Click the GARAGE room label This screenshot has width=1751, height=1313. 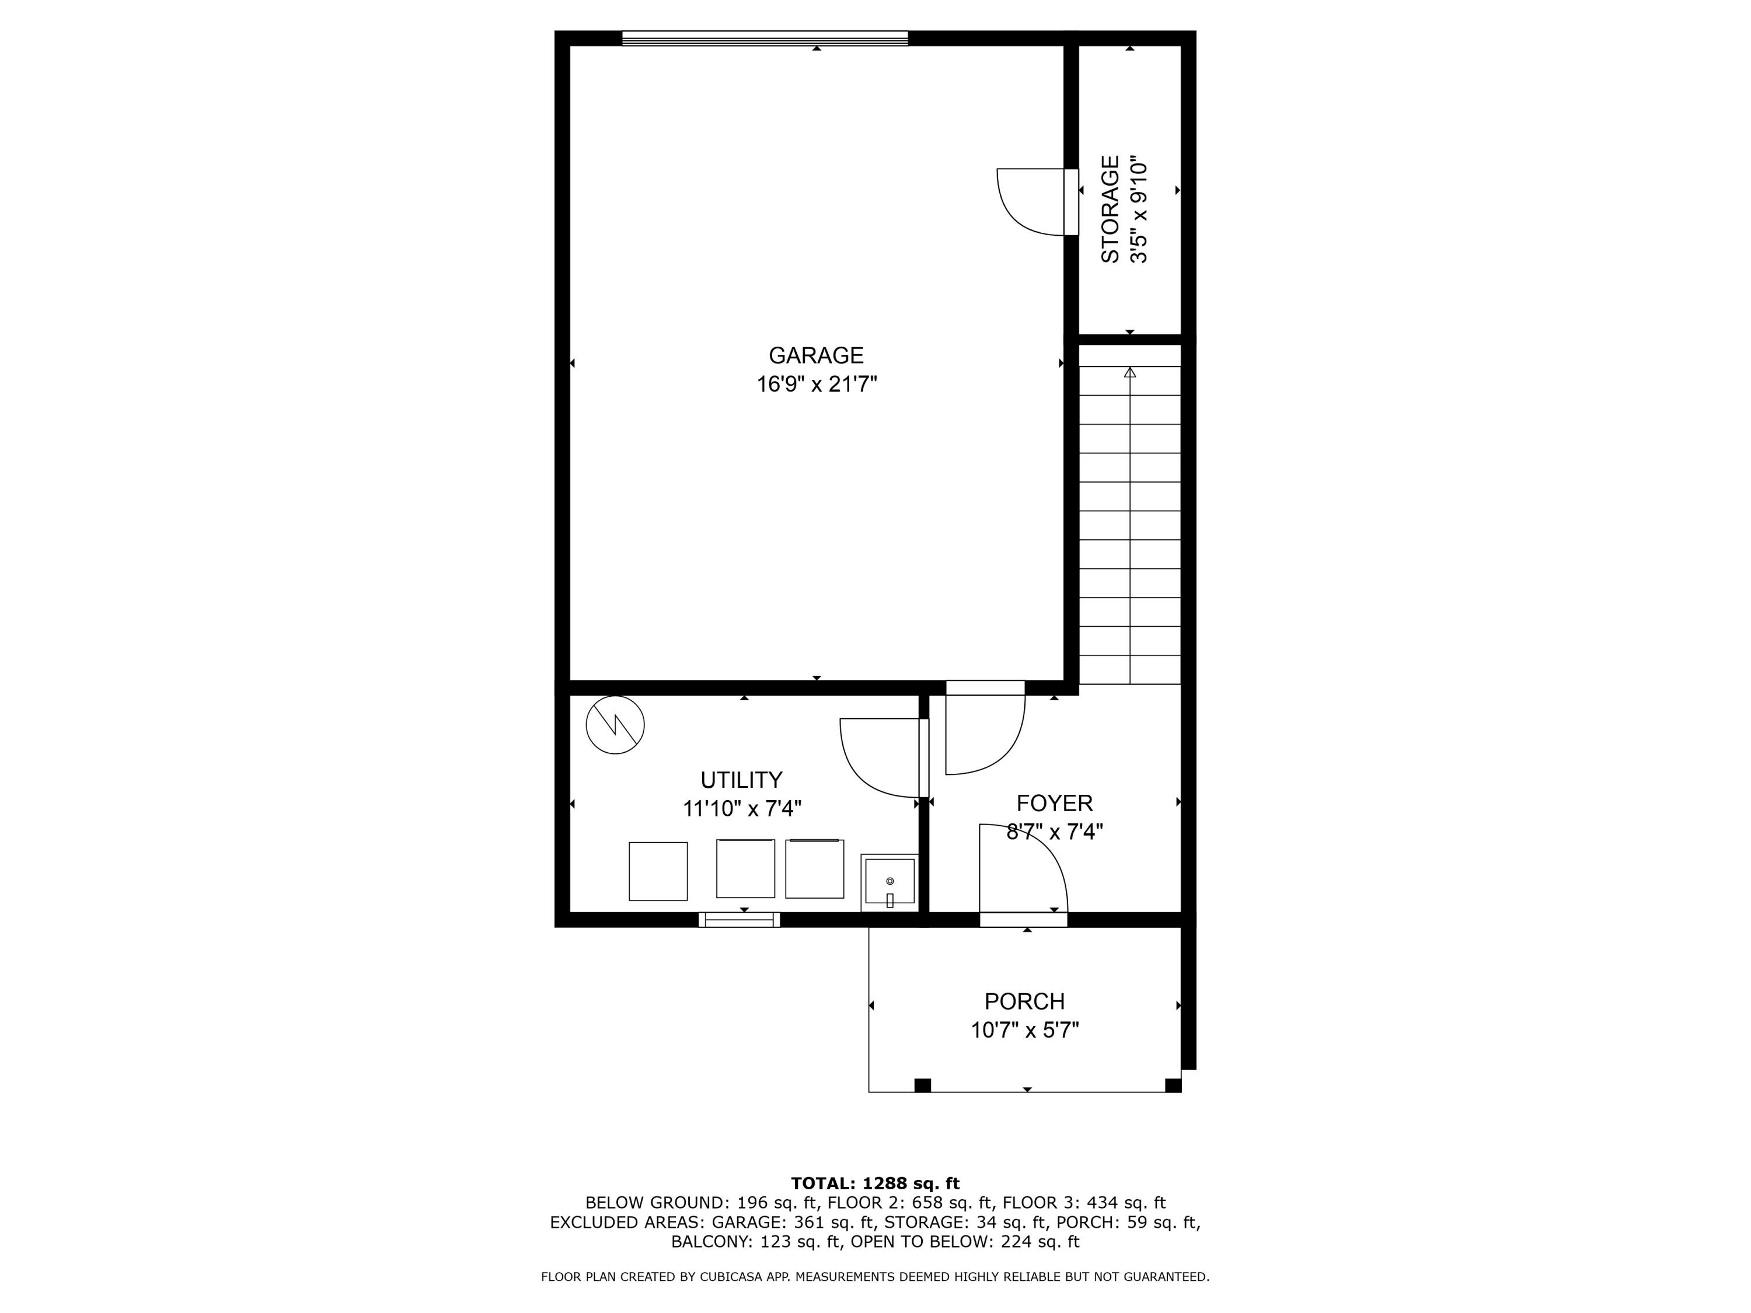816,355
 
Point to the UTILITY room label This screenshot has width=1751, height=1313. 741,780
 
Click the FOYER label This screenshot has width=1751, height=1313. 1055,804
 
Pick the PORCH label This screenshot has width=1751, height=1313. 1024,1002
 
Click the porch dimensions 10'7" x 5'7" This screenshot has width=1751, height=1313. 1025,1031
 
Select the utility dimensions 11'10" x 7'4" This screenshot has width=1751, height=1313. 742,809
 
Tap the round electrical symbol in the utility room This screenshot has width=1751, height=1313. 615,725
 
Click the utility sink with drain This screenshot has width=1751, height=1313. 890,882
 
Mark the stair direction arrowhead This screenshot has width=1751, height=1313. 1129,372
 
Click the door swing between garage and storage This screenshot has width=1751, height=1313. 1028,202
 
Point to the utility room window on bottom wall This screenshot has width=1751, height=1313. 740,920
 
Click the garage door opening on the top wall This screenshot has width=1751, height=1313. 765,38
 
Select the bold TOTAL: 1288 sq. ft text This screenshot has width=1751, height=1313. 875,1183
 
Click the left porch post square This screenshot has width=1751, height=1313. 922,1085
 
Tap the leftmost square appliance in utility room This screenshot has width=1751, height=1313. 658,871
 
